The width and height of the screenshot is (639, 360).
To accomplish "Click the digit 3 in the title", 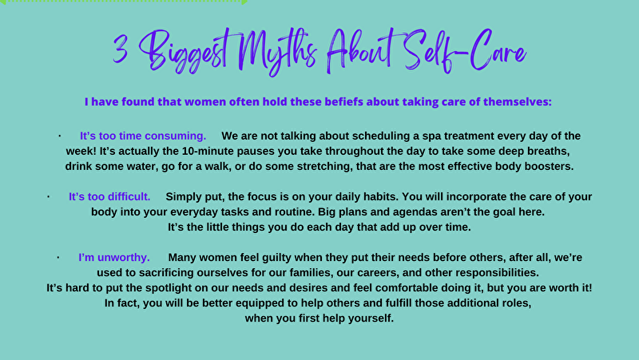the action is [121, 49].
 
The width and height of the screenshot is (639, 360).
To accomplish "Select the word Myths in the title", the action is [277, 52].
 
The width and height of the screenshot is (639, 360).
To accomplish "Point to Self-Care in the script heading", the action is [466, 51].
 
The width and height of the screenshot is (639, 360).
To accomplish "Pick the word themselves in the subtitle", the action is [517, 101].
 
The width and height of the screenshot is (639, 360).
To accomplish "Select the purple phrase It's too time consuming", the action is [143, 136].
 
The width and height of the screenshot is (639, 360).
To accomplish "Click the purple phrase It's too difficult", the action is [109, 196].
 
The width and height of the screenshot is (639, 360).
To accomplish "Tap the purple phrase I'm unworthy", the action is [114, 257].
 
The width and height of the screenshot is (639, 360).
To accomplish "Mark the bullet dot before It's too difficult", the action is [49, 196].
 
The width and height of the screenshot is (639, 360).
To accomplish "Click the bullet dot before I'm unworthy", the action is [58, 257].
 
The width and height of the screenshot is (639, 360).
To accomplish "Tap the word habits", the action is [381, 196].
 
